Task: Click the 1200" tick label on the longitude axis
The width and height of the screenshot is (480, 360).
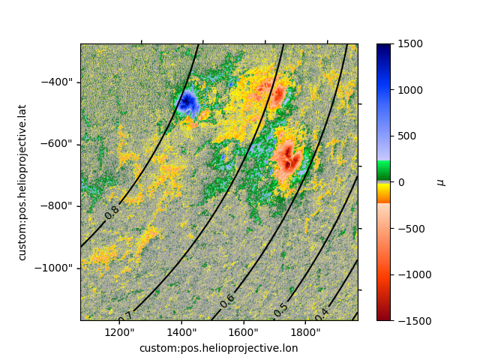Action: click(x=119, y=332)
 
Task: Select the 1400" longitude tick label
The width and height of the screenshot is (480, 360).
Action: click(x=181, y=332)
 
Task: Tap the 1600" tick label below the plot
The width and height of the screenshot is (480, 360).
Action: click(x=244, y=332)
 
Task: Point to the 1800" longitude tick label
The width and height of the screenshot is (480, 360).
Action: click(x=305, y=332)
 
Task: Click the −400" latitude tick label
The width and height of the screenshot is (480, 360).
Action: click(x=57, y=82)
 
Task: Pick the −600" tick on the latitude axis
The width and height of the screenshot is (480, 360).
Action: click(x=57, y=144)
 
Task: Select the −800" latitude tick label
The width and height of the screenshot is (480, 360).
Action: click(x=57, y=206)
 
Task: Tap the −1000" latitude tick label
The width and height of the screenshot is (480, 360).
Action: click(x=54, y=268)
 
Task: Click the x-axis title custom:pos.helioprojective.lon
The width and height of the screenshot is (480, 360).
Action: click(x=218, y=348)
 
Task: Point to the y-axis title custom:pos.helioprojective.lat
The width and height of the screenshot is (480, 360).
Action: click(x=22, y=183)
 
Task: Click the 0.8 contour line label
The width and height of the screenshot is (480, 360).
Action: click(x=112, y=212)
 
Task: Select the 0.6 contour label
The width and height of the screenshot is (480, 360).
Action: click(x=227, y=301)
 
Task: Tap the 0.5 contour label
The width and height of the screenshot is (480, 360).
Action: click(x=280, y=310)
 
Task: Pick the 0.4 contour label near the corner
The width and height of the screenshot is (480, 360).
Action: click(x=322, y=314)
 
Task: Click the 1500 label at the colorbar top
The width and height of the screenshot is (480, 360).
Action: click(x=410, y=43)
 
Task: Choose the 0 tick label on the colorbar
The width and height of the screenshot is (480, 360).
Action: click(x=401, y=182)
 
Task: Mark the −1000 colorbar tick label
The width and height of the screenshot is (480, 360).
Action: click(x=415, y=275)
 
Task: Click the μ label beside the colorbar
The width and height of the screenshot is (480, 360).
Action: click(x=442, y=183)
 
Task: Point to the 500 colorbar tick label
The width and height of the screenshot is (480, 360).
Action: click(x=407, y=136)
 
